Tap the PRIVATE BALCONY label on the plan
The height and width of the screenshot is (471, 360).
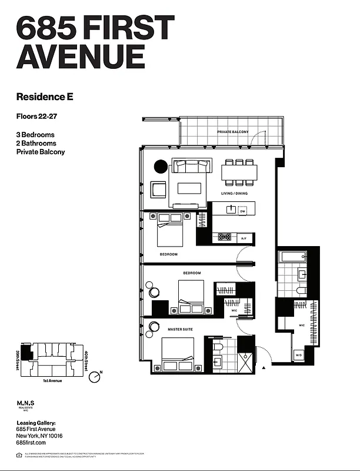click(232, 132)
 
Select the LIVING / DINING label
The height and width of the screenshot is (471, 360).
click(234, 193)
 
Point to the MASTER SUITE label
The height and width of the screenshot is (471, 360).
click(181, 329)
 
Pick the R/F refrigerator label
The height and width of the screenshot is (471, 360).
click(244, 238)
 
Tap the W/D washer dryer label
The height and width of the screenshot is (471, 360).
click(298, 355)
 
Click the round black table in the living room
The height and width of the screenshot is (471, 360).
click(161, 167)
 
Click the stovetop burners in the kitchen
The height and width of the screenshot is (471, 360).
click(224, 237)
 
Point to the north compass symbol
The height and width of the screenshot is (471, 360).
click(95, 377)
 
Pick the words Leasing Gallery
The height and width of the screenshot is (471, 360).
click(36, 423)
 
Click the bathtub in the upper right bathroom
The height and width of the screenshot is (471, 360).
click(292, 257)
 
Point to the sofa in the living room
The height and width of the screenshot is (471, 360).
click(188, 167)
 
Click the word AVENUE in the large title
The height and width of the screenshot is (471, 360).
click(81, 57)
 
